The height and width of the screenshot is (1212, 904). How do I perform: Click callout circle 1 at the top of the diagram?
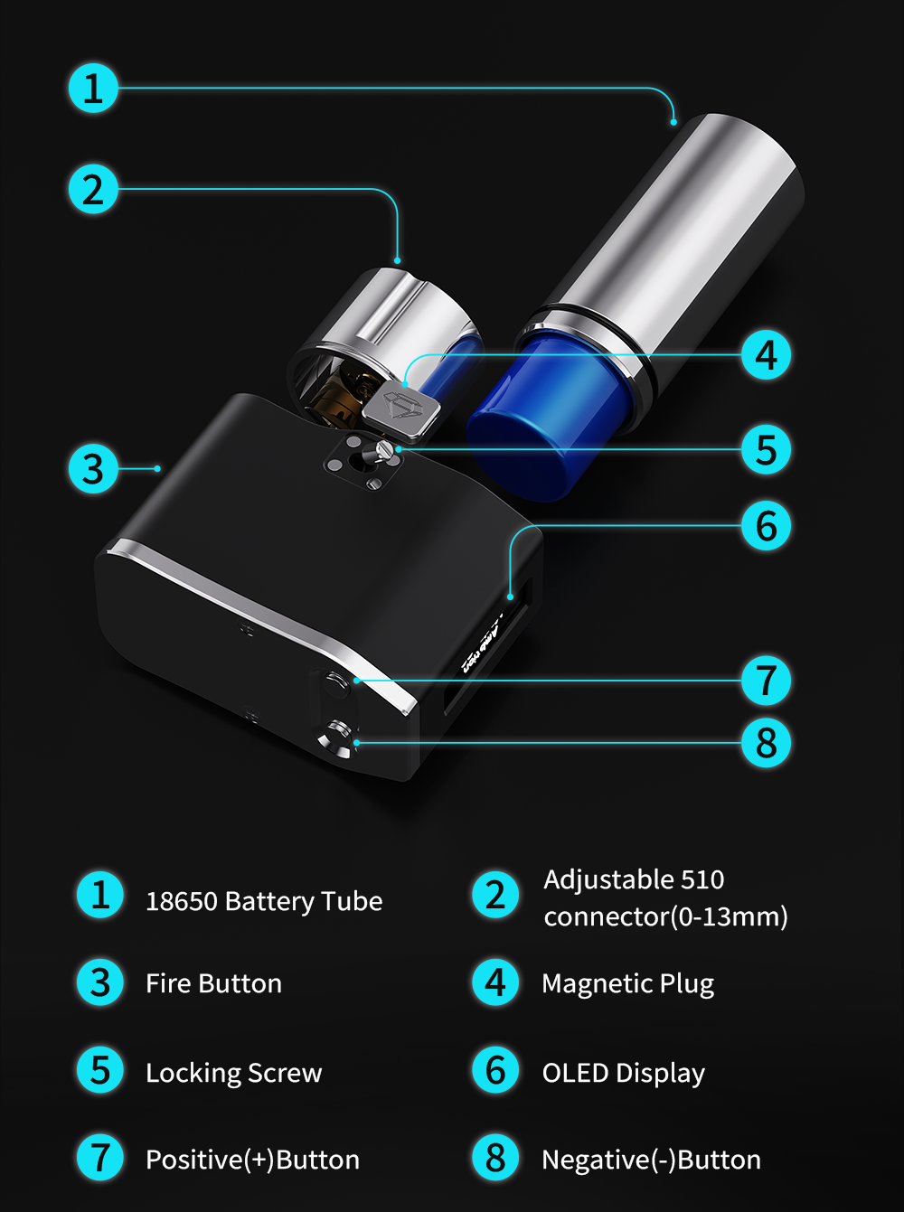[x=93, y=88]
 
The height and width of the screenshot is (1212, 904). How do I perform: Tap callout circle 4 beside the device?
[x=766, y=354]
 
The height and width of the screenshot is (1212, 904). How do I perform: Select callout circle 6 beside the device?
[x=766, y=525]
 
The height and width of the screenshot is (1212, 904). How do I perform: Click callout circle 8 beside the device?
[x=766, y=743]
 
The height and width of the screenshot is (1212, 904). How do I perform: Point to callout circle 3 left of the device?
[x=93, y=469]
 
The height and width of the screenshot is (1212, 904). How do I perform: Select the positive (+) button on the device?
[x=336, y=683]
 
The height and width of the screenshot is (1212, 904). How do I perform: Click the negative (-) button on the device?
[x=337, y=738]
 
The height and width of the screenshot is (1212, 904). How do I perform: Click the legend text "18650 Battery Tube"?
[x=264, y=901]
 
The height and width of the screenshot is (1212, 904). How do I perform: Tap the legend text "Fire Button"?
[x=213, y=983]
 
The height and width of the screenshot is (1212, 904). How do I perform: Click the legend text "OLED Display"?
[x=624, y=1073]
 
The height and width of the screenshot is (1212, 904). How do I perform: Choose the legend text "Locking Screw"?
[x=233, y=1073]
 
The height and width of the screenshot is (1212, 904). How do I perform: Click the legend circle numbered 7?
[x=100, y=1158]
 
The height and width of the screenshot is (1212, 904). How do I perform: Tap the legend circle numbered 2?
[x=495, y=895]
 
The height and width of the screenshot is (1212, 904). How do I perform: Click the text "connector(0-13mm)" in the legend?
[x=665, y=916]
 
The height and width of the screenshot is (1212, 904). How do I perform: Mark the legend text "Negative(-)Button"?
[x=651, y=1160]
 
